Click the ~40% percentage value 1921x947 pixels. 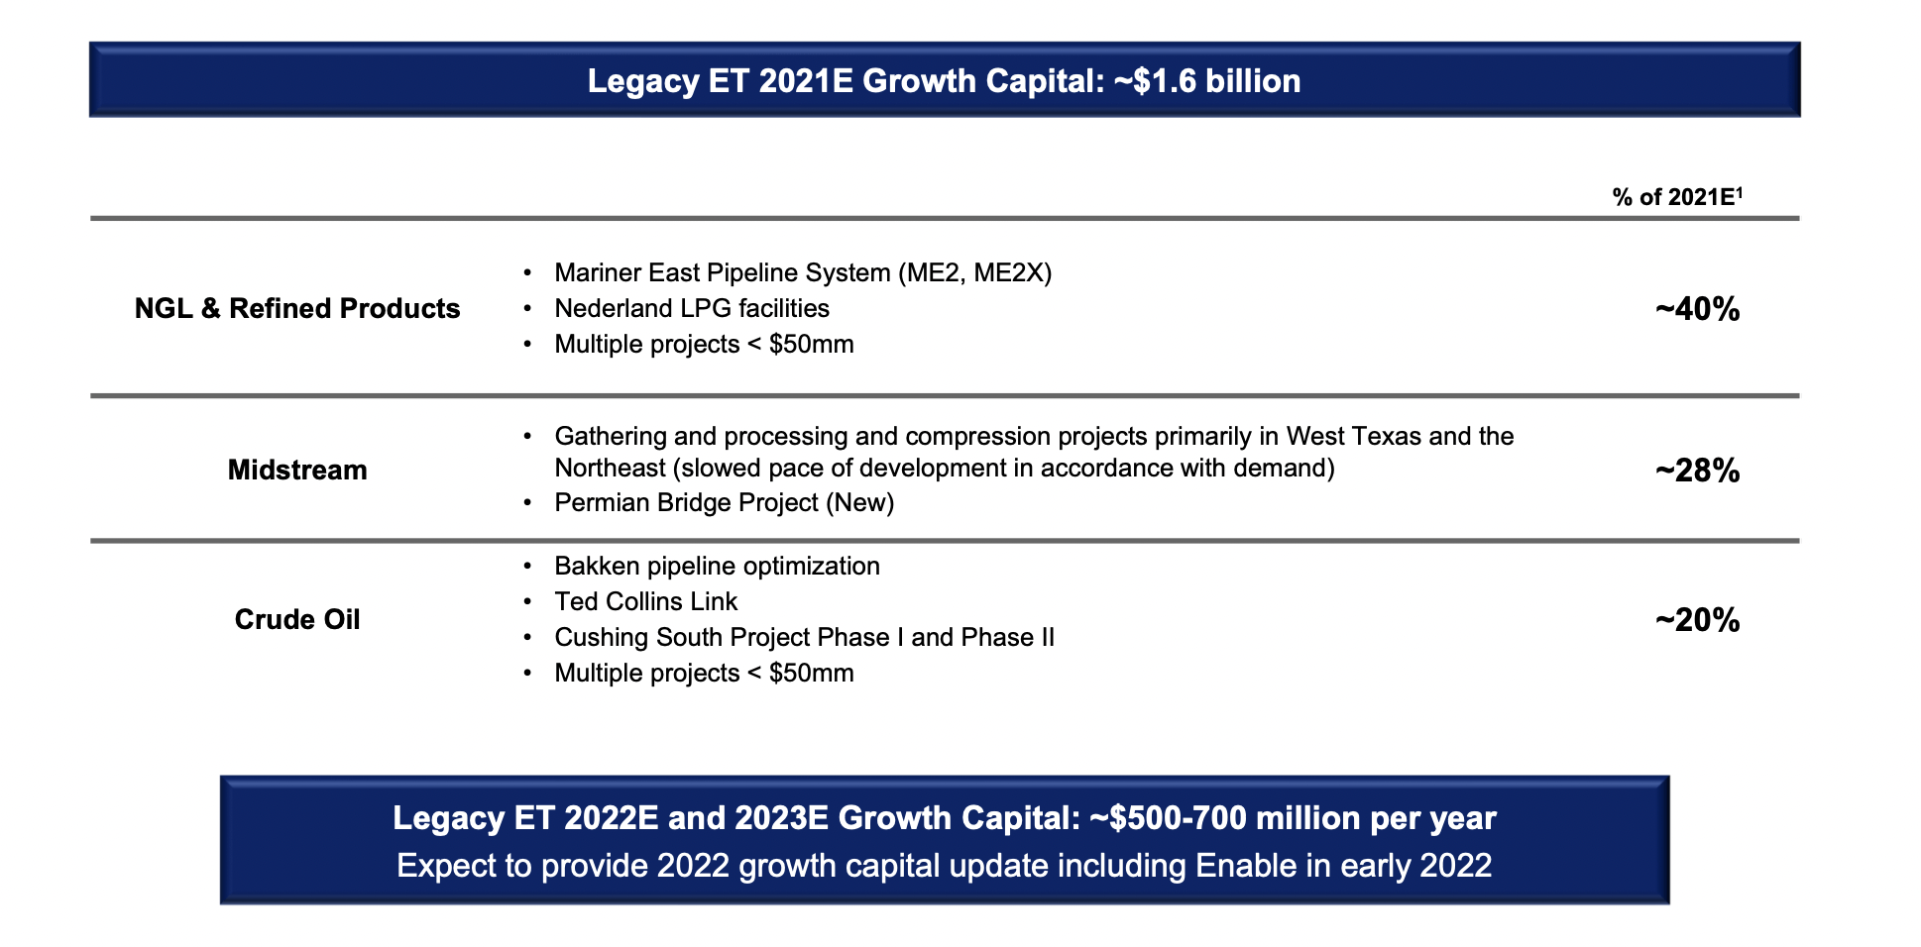(x=1697, y=310)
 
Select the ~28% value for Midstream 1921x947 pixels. (x=1697, y=471)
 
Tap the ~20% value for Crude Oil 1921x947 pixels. (x=1697, y=620)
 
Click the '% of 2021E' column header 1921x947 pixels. (x=1676, y=197)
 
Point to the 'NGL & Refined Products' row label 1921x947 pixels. (x=297, y=309)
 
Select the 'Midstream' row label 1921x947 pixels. (x=297, y=471)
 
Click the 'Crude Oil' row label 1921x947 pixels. (x=297, y=620)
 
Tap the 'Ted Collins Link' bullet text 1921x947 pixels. (x=645, y=602)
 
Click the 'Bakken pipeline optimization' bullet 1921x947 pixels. (x=717, y=567)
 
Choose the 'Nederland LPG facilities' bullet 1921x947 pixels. (x=692, y=309)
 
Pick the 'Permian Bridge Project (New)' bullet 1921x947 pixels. (x=724, y=503)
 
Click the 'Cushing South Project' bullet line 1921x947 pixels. (x=804, y=638)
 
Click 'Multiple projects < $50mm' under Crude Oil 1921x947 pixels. (x=704, y=674)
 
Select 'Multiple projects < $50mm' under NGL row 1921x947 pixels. (x=704, y=345)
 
